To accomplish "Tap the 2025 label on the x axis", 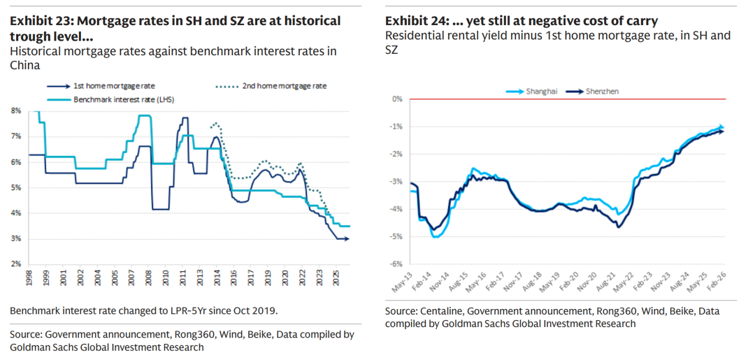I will [x=336, y=278].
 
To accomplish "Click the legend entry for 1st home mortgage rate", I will [x=105, y=86].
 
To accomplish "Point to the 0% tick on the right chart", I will [x=396, y=99].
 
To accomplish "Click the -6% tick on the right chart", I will [x=396, y=263].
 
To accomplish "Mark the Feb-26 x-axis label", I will [x=717, y=282].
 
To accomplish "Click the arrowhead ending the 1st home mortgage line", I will [x=347, y=239].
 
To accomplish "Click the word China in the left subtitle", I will [x=24, y=65].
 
